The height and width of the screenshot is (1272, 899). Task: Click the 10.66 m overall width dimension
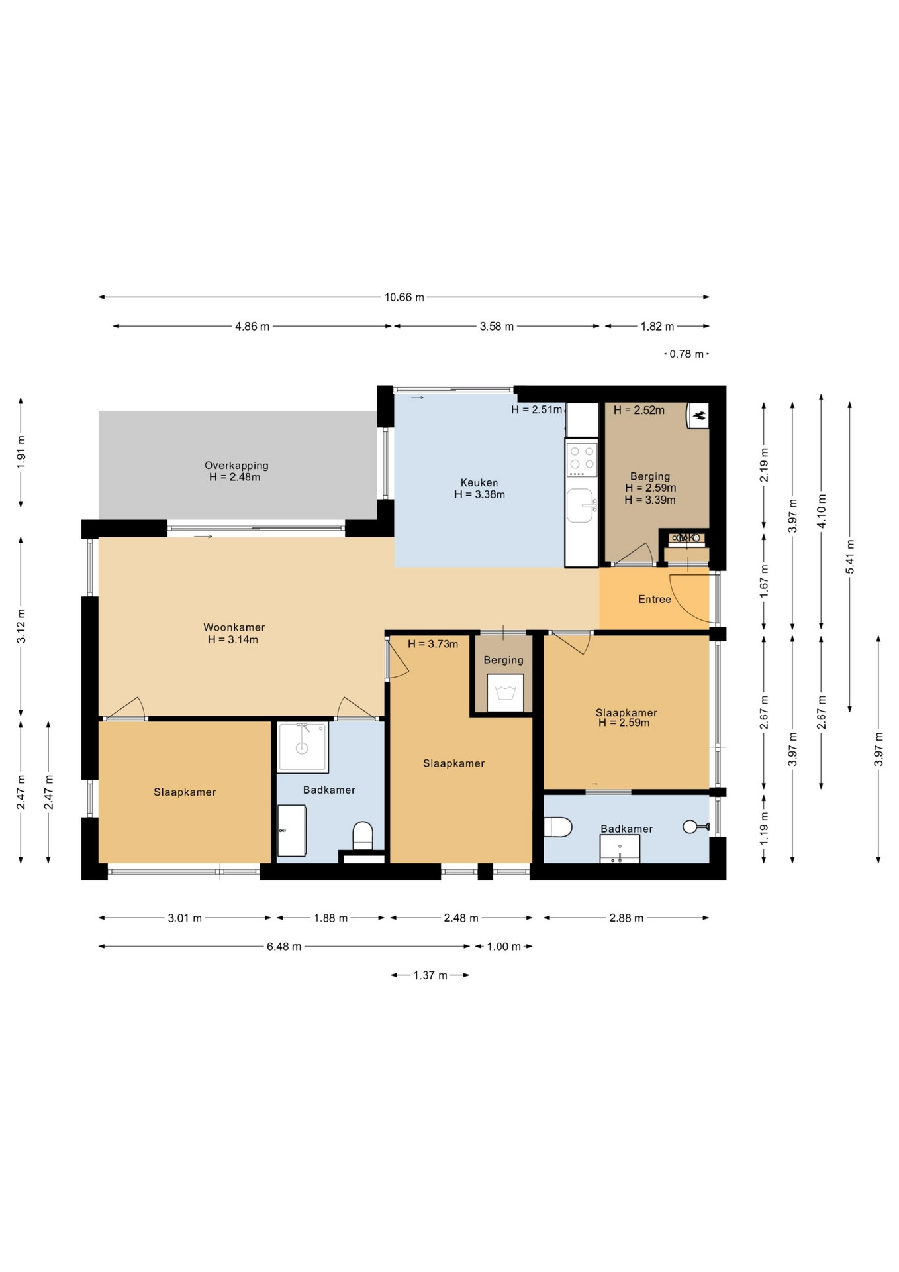(404, 297)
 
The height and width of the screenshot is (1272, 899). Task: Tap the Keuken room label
(479, 483)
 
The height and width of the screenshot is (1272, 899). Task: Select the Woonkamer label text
(234, 627)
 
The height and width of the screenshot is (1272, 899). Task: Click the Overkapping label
(236, 466)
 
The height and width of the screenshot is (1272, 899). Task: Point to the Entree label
(655, 599)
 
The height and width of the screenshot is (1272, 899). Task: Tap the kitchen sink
(581, 505)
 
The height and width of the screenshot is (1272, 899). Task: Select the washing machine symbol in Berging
(505, 693)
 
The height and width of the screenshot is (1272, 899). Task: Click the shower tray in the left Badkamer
(303, 747)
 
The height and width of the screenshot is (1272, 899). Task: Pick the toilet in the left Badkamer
(363, 836)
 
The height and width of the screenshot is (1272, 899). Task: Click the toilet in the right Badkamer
(557, 827)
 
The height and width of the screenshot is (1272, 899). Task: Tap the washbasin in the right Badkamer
(620, 849)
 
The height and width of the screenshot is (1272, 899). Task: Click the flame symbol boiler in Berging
(698, 416)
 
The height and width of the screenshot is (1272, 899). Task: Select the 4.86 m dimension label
(252, 327)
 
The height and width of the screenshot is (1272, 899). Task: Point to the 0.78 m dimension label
(686, 354)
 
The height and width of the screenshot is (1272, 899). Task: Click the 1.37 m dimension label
(430, 975)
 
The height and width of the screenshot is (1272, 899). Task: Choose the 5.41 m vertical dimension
(850, 556)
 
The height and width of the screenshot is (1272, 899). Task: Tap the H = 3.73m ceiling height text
(433, 644)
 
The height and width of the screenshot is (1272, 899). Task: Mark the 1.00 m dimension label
(504, 947)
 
